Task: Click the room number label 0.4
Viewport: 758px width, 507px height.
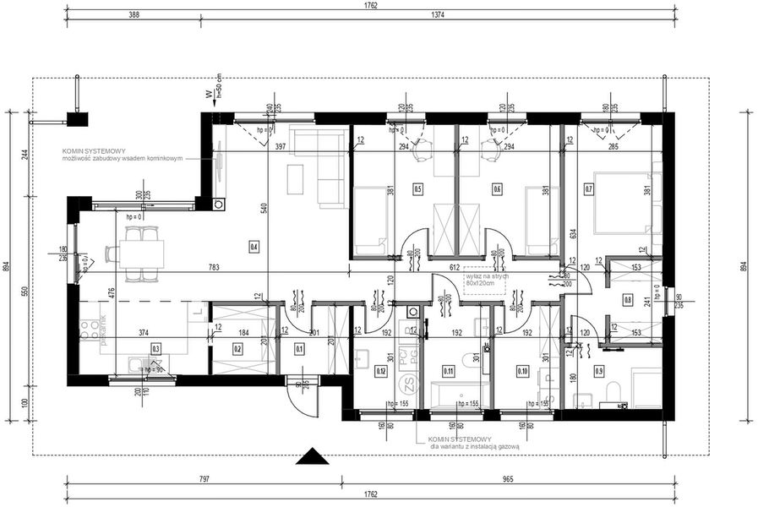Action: (254, 247)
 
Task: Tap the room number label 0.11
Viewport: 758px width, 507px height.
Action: (448, 369)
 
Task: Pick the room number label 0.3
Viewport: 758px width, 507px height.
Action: (155, 347)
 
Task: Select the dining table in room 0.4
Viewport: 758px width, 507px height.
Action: (140, 252)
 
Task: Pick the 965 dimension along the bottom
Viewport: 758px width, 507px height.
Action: (507, 479)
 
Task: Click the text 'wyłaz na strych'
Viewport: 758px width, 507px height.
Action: (486, 275)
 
